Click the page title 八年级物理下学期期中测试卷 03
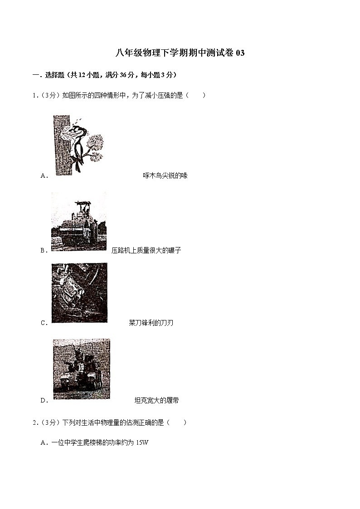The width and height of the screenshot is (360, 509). [180, 53]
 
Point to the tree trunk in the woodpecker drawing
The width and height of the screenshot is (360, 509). [61, 145]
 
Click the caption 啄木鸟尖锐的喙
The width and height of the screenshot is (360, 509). [165, 175]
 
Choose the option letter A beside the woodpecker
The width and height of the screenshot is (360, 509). [44, 176]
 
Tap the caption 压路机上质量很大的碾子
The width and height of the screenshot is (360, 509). [146, 250]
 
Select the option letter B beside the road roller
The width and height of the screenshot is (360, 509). [44, 250]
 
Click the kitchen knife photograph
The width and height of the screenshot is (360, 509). [79, 293]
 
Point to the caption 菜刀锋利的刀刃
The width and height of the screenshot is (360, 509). [151, 323]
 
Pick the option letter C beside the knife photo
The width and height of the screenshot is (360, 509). [44, 323]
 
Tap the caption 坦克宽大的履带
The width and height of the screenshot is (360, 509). [156, 400]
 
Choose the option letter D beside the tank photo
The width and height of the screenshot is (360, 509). [44, 401]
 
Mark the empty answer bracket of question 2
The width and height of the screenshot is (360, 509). [176, 422]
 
